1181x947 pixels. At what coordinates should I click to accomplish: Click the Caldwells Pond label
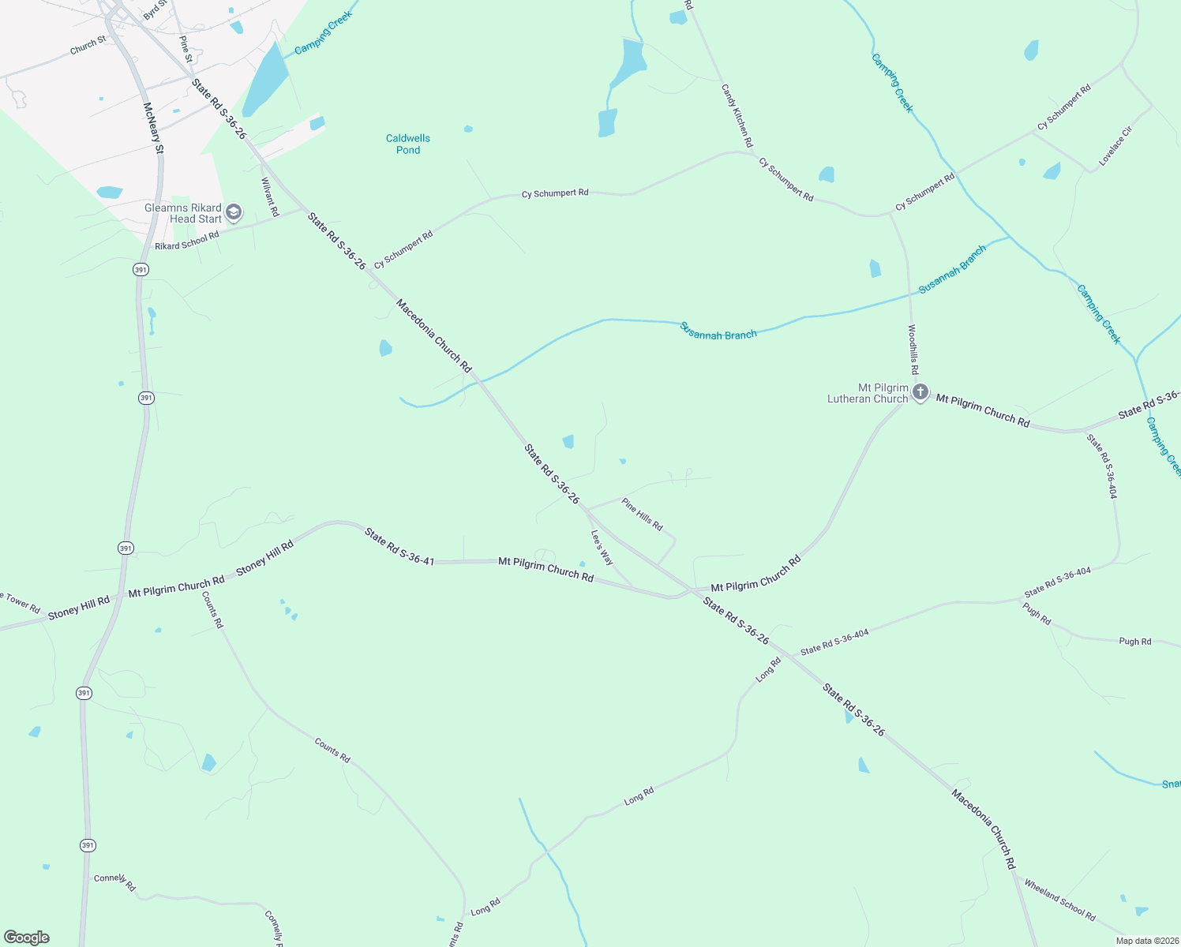tap(408, 144)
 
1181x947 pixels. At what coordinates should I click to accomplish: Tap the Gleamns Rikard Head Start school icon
tap(234, 212)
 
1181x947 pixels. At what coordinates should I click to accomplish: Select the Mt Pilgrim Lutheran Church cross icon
tap(920, 392)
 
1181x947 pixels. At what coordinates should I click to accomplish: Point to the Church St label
tap(88, 46)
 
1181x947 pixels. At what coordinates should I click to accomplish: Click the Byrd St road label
tap(156, 9)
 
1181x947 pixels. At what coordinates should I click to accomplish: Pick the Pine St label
tap(186, 49)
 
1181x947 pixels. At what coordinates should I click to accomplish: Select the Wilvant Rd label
tap(270, 197)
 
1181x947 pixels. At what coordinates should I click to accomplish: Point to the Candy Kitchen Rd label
tap(737, 116)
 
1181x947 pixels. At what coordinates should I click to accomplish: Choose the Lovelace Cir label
tap(1115, 146)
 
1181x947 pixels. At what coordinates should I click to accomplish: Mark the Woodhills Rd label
tap(913, 350)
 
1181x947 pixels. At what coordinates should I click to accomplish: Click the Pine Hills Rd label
tap(642, 514)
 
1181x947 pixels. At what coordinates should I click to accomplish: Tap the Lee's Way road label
tap(602, 547)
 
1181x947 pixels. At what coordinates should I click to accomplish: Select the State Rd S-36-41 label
tap(399, 547)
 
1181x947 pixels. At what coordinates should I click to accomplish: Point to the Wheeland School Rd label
tap(1059, 900)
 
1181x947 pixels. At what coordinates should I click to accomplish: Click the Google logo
tap(27, 938)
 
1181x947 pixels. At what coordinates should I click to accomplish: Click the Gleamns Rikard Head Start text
tap(183, 213)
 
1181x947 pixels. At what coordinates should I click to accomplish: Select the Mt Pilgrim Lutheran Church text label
tap(868, 393)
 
